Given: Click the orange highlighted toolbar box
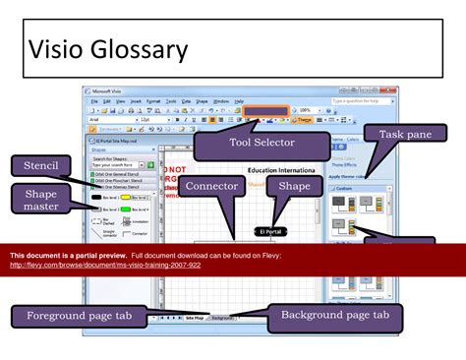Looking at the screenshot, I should click(x=265, y=111).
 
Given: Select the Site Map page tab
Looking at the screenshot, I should click(x=195, y=319).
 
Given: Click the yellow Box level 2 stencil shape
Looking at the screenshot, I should click(x=125, y=197).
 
